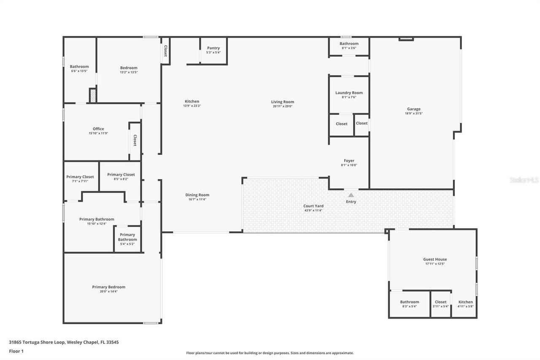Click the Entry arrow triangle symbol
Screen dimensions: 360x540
click(351, 195)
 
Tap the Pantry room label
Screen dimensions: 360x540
click(213, 48)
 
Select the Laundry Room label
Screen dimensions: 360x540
click(349, 93)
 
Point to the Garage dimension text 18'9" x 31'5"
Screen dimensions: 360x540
click(413, 114)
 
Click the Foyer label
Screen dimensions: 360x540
click(349, 161)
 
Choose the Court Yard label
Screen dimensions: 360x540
click(313, 206)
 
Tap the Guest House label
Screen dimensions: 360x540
click(435, 260)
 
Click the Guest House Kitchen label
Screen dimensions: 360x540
click(466, 302)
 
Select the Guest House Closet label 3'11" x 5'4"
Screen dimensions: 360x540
click(440, 306)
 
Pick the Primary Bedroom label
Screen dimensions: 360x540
click(109, 287)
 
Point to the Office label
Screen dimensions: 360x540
click(98, 129)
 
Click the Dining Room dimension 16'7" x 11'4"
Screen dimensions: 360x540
click(197, 199)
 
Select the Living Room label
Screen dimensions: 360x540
click(283, 102)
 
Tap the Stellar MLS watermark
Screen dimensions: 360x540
click(524, 180)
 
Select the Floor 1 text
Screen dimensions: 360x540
click(16, 351)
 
